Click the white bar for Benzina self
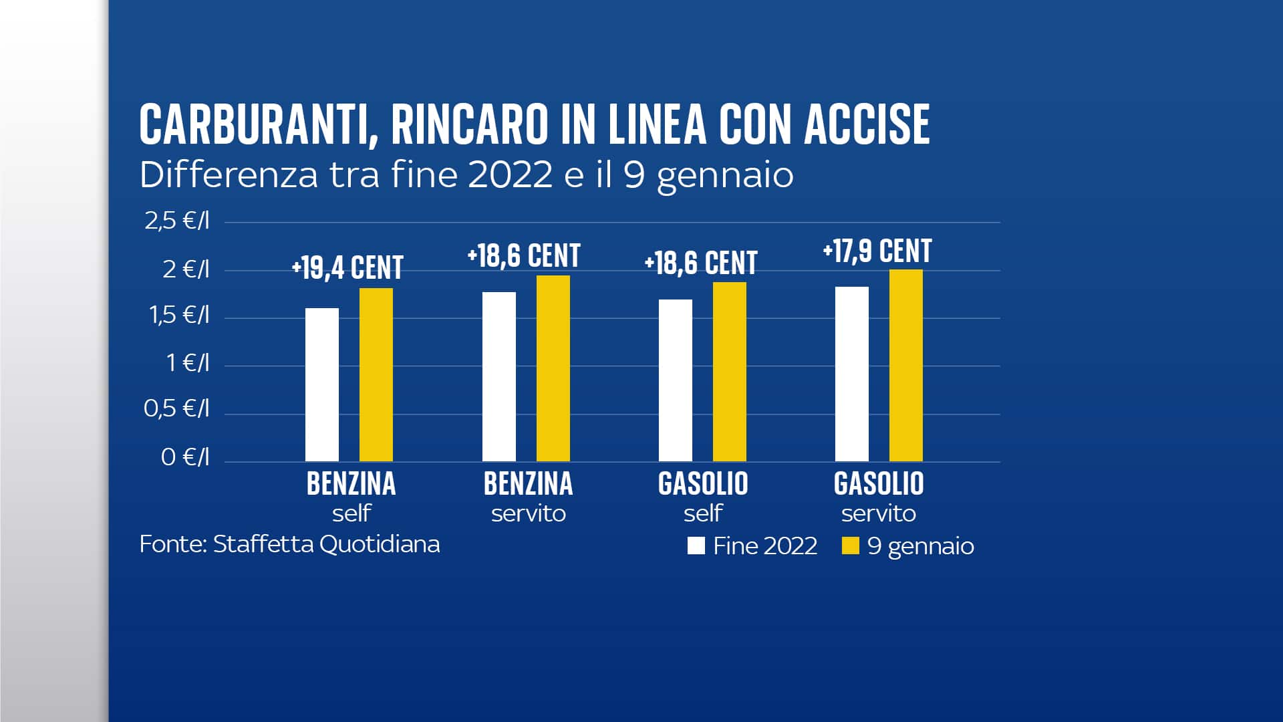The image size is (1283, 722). coord(322,384)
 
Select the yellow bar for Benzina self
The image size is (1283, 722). coord(376,374)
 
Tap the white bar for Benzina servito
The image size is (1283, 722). coord(499,376)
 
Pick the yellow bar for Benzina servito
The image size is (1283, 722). coord(553,368)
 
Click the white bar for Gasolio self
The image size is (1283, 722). coord(676,380)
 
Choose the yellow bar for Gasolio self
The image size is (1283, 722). coord(730,372)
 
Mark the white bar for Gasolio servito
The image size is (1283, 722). coord(852,374)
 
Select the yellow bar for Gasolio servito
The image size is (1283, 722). coord(906,366)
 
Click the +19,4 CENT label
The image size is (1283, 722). coord(347,268)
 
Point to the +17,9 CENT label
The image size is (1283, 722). coord(877,251)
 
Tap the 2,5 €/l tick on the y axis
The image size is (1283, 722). coord(177,221)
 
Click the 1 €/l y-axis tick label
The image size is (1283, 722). coord(188,363)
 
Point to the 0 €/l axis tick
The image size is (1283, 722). coord(185,457)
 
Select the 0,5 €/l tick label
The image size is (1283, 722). coord(176,408)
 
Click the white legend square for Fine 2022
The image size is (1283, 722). coord(696,546)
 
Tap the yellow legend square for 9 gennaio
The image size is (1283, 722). coord(850,546)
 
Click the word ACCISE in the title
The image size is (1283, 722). coord(867,125)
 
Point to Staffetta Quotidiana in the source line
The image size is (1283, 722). coord(326,544)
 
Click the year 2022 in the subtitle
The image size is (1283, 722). coord(510,175)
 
